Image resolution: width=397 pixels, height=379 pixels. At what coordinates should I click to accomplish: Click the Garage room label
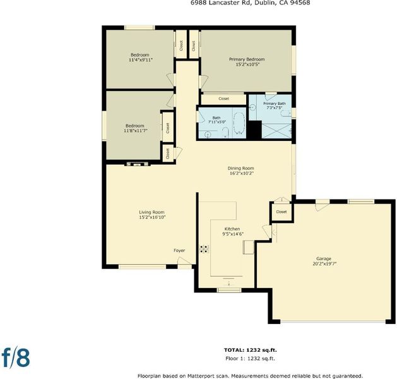pos(324,258)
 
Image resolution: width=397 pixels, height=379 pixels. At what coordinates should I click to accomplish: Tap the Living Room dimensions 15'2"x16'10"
pos(152,217)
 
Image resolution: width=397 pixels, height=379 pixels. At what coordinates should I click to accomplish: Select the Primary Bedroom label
pos(247,59)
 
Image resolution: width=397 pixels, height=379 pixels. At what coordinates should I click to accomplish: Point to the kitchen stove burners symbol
pos(204,249)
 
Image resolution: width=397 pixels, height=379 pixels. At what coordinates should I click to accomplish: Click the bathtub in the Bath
pos(239,123)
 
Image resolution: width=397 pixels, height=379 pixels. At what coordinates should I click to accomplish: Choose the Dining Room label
pos(240,168)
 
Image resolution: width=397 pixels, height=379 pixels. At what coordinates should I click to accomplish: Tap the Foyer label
pos(179,250)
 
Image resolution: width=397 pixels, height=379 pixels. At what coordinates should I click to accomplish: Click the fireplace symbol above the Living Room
pos(138,164)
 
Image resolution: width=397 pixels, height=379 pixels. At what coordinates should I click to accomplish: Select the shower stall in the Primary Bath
pos(276,131)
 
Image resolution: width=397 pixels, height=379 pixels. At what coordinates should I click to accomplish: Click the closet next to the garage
pos(281,212)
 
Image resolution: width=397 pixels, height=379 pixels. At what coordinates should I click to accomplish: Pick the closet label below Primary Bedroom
pos(224,99)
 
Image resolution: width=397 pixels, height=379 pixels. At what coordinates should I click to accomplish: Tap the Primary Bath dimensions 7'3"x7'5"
pos(275,107)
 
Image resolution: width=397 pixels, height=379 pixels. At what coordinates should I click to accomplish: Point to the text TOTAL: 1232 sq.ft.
pos(251,350)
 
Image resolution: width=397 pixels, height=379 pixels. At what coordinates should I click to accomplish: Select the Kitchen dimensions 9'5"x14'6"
pos(233,234)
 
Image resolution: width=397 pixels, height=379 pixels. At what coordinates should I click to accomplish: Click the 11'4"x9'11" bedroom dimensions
pos(141,60)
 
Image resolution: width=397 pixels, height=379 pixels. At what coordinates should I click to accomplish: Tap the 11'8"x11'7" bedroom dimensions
pos(136,131)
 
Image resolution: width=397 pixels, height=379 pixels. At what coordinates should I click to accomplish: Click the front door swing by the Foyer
pos(184,261)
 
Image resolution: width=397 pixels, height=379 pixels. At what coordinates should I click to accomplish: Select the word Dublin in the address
pos(263,3)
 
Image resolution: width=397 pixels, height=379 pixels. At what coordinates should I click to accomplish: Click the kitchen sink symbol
pos(249,247)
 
